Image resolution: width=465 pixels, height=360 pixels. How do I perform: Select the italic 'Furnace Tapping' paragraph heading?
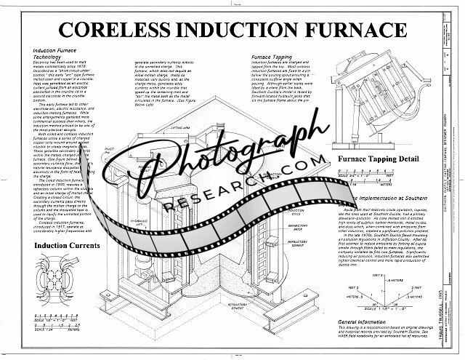[x=272, y=57]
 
